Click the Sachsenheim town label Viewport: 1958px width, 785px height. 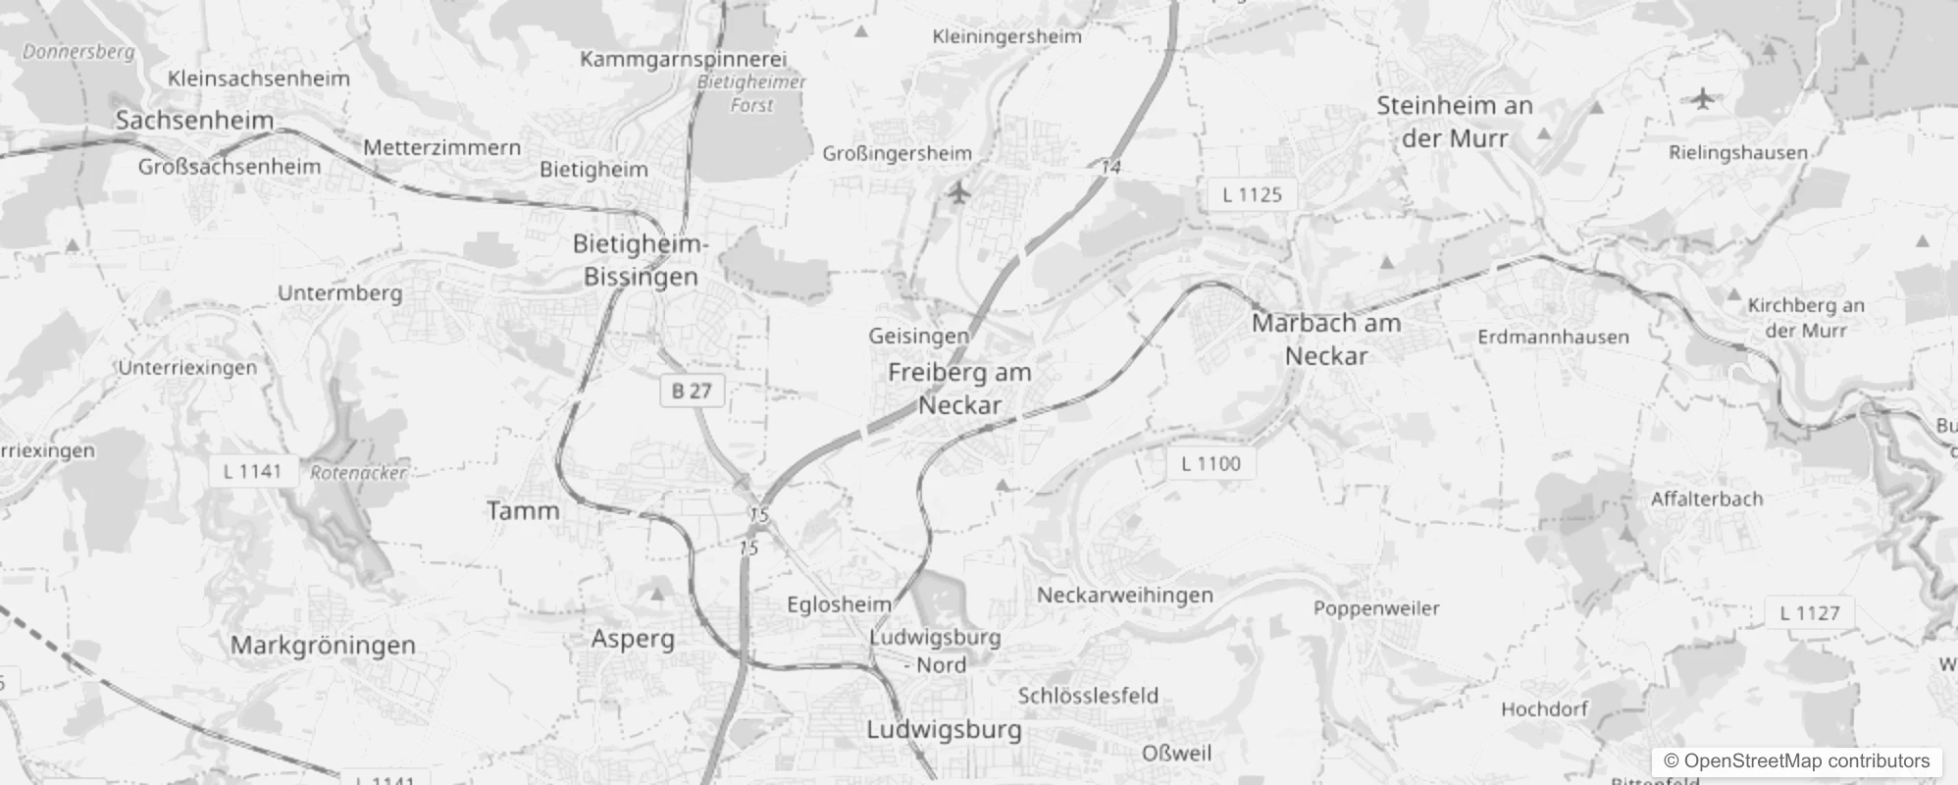pos(194,121)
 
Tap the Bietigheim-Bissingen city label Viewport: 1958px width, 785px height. pos(641,260)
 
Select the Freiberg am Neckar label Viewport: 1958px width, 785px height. pos(959,389)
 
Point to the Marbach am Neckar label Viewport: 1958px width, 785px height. pos(1326,339)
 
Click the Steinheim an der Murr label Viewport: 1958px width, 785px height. pos(1454,122)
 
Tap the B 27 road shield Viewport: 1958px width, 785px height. pos(692,391)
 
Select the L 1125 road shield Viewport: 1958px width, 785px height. pos(1252,194)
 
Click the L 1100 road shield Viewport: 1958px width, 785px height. pos(1211,463)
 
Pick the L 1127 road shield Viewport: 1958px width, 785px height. pos(1810,613)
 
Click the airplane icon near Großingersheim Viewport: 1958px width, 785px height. pos(959,193)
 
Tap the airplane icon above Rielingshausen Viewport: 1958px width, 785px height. pos(1704,98)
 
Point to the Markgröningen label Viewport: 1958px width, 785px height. pos(323,646)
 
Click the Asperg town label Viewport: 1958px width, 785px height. pos(633,639)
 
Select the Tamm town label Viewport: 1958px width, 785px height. pos(523,510)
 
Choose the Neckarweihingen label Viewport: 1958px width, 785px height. pos(1125,595)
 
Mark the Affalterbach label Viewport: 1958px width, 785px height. pos(1706,498)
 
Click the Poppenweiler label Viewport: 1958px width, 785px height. pos(1376,608)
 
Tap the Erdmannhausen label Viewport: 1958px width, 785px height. pos(1553,337)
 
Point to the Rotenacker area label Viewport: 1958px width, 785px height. pos(358,473)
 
